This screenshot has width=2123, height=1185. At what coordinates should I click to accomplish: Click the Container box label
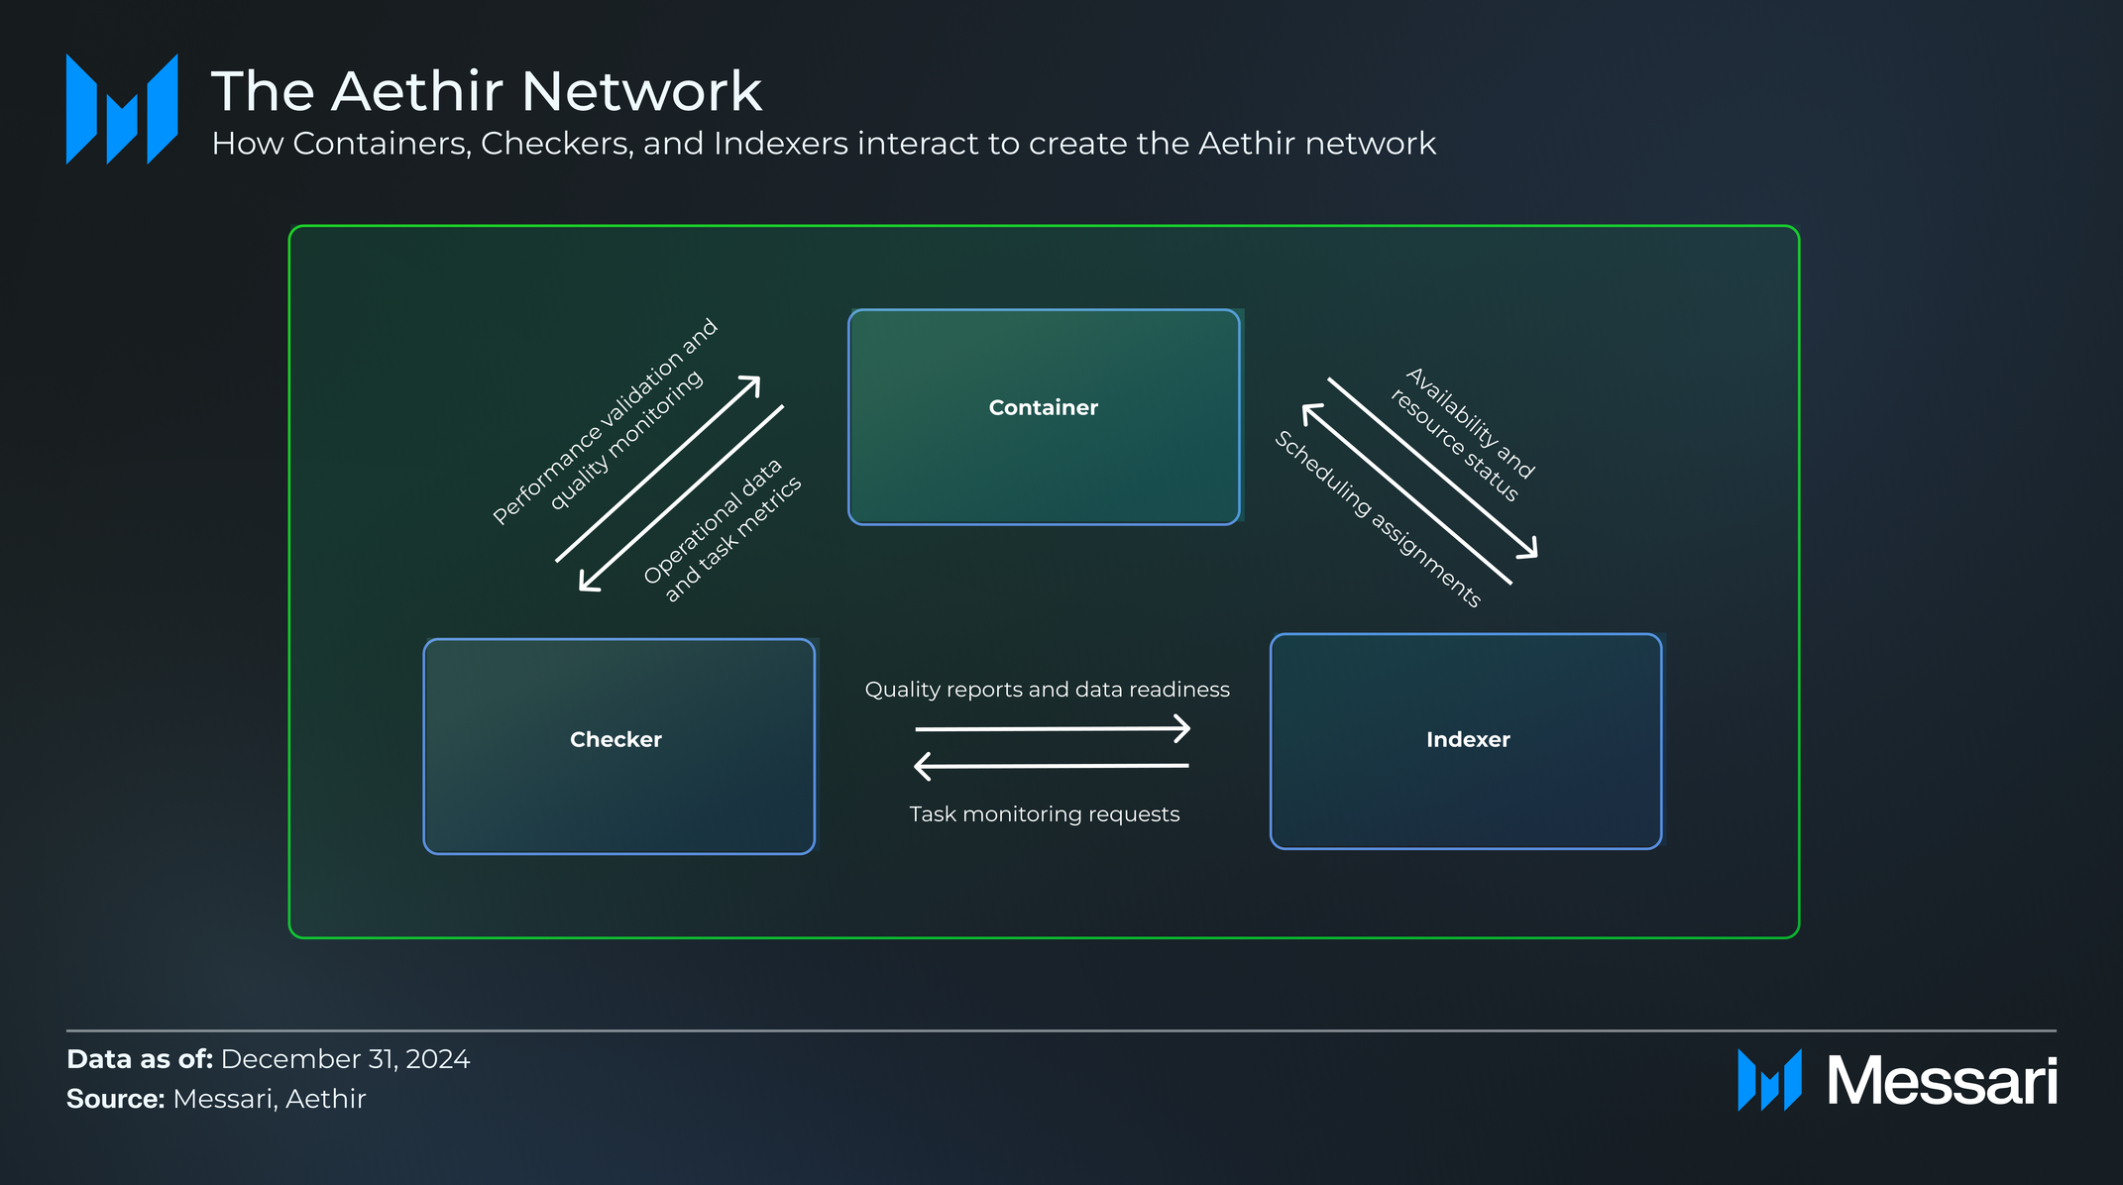(1043, 407)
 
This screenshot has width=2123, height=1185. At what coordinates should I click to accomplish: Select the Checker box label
(615, 739)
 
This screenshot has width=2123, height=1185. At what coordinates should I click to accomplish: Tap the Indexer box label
(1467, 739)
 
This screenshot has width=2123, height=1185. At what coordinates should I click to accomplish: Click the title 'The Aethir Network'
(486, 91)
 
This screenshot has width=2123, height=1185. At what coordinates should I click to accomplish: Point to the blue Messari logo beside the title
(122, 109)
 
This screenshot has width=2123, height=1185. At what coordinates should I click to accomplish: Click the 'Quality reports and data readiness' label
(1047, 690)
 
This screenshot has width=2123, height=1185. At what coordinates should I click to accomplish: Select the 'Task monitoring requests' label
(1044, 814)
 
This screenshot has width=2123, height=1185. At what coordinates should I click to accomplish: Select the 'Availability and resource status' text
(1463, 435)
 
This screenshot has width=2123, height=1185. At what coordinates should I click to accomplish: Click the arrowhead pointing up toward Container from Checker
(753, 383)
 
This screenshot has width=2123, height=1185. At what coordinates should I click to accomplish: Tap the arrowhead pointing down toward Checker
(587, 585)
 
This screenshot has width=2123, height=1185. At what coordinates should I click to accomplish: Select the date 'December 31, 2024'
(345, 1059)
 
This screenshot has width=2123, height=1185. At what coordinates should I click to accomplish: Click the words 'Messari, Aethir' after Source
(269, 1099)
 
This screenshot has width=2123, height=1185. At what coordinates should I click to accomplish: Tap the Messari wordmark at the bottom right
(1941, 1081)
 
